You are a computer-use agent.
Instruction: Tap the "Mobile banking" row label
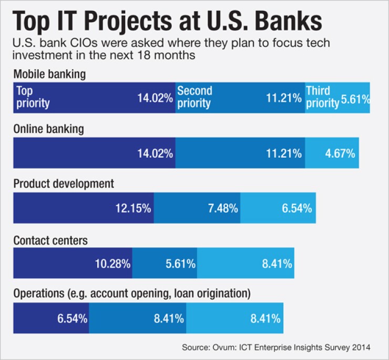(x=49, y=74)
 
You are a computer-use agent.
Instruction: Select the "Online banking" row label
(x=48, y=129)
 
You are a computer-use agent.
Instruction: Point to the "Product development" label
(x=63, y=183)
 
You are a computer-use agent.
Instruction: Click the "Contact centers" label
(x=50, y=240)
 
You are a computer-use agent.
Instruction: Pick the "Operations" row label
(x=131, y=293)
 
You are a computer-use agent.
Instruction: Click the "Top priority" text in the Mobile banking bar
(x=33, y=97)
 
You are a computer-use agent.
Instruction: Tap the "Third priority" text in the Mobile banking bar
(x=322, y=97)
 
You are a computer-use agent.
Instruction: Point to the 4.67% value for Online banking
(x=340, y=153)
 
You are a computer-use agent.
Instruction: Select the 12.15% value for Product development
(x=134, y=208)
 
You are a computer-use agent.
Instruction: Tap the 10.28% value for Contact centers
(x=112, y=263)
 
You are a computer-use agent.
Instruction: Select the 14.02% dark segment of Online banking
(x=94, y=153)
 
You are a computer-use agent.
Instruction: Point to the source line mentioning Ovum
(x=277, y=347)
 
